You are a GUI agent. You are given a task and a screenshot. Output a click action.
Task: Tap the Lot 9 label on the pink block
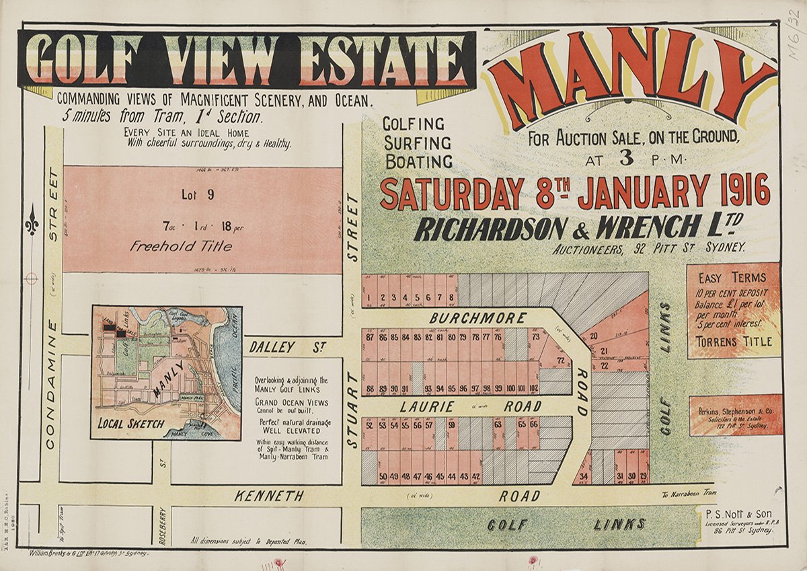[198, 195]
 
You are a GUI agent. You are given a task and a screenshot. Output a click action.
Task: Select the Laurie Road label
[470, 406]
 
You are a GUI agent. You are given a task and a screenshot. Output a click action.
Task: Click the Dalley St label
[288, 347]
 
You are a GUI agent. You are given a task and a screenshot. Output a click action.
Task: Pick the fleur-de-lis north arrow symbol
[32, 221]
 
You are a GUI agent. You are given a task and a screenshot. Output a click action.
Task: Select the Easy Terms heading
[732, 278]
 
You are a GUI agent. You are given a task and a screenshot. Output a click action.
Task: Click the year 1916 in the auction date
[744, 190]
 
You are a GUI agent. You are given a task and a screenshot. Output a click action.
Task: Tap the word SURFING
[417, 143]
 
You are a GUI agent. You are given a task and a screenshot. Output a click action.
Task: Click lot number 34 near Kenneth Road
[584, 477]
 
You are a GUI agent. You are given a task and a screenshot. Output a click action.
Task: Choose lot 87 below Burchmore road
[369, 337]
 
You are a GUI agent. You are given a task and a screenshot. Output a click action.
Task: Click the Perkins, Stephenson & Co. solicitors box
[736, 415]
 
